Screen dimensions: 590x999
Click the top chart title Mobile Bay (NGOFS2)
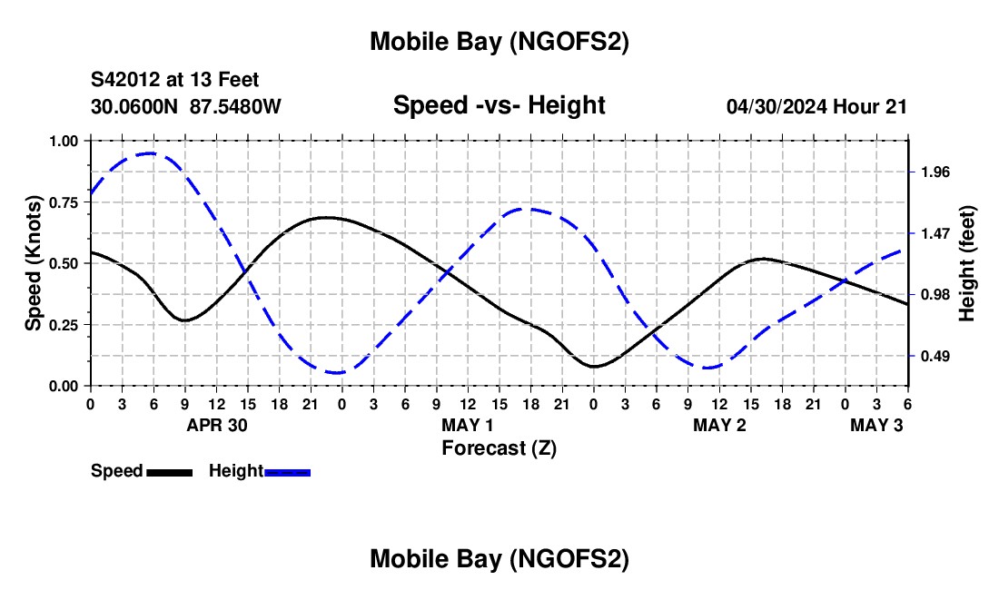tap(499, 42)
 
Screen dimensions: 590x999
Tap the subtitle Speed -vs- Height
tap(499, 105)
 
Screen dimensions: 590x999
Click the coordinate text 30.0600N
tap(135, 107)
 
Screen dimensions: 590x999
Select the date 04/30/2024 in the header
tap(777, 107)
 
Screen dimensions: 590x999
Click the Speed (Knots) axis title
tap(33, 262)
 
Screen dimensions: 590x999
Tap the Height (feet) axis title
tap(966, 263)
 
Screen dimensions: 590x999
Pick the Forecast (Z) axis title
tap(499, 447)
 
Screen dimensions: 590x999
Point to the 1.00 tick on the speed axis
tap(64, 141)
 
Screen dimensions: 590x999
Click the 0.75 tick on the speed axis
tap(64, 202)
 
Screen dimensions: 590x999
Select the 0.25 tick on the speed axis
tap(64, 324)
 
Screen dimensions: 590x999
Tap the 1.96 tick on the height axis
tap(935, 172)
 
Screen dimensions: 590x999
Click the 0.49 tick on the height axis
tap(935, 356)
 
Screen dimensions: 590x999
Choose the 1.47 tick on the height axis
tap(935, 233)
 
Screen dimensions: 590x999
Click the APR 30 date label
tap(217, 425)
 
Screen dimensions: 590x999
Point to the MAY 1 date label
tap(468, 425)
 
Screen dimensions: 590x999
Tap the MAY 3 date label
tap(876, 425)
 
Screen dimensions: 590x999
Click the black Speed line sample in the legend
tap(169, 472)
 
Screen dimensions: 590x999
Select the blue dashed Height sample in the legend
tap(287, 472)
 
